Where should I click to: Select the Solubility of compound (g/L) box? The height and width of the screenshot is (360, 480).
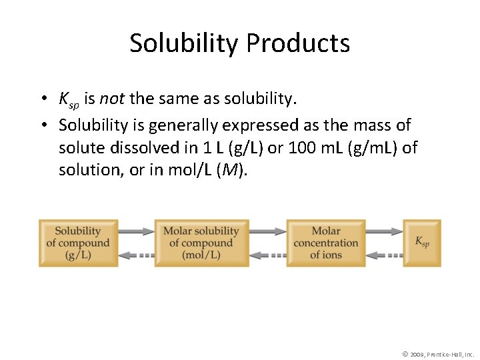(x=78, y=243)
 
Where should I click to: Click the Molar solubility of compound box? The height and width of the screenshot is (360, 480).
(x=201, y=243)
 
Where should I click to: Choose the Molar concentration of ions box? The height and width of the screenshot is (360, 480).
(x=325, y=243)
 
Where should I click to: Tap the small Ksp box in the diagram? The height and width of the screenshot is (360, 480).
(x=422, y=243)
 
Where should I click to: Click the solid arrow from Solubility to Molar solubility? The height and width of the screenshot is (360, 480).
(x=136, y=231)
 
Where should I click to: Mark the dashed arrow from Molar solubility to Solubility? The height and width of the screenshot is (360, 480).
(x=136, y=255)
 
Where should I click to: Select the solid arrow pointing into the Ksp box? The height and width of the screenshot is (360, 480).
(x=384, y=231)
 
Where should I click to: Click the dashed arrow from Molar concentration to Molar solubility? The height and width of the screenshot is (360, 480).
(x=267, y=255)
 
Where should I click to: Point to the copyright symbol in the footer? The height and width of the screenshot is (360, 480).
(x=405, y=353)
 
